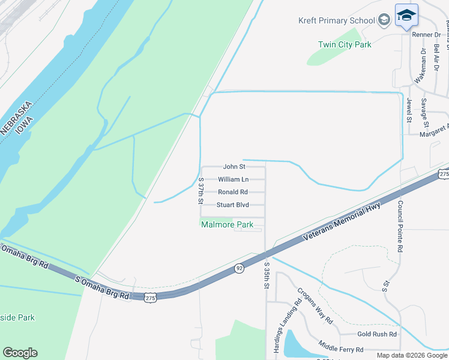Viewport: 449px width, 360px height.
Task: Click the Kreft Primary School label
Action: point(336,20)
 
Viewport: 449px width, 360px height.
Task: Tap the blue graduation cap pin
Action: point(406,16)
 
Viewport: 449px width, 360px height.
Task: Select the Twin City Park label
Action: point(345,44)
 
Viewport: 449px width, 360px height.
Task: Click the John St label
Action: point(234,166)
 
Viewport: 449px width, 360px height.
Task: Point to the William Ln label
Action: point(233,179)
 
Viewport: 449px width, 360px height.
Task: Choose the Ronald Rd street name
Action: point(233,192)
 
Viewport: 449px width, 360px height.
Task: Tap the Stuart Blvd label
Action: point(233,205)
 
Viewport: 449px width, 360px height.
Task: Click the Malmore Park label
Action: point(228,225)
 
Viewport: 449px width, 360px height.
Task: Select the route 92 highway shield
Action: point(239,268)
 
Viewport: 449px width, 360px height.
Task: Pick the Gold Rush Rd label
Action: point(377,334)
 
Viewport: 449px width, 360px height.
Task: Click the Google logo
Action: point(20,353)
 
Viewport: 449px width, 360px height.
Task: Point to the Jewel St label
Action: point(409,110)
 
